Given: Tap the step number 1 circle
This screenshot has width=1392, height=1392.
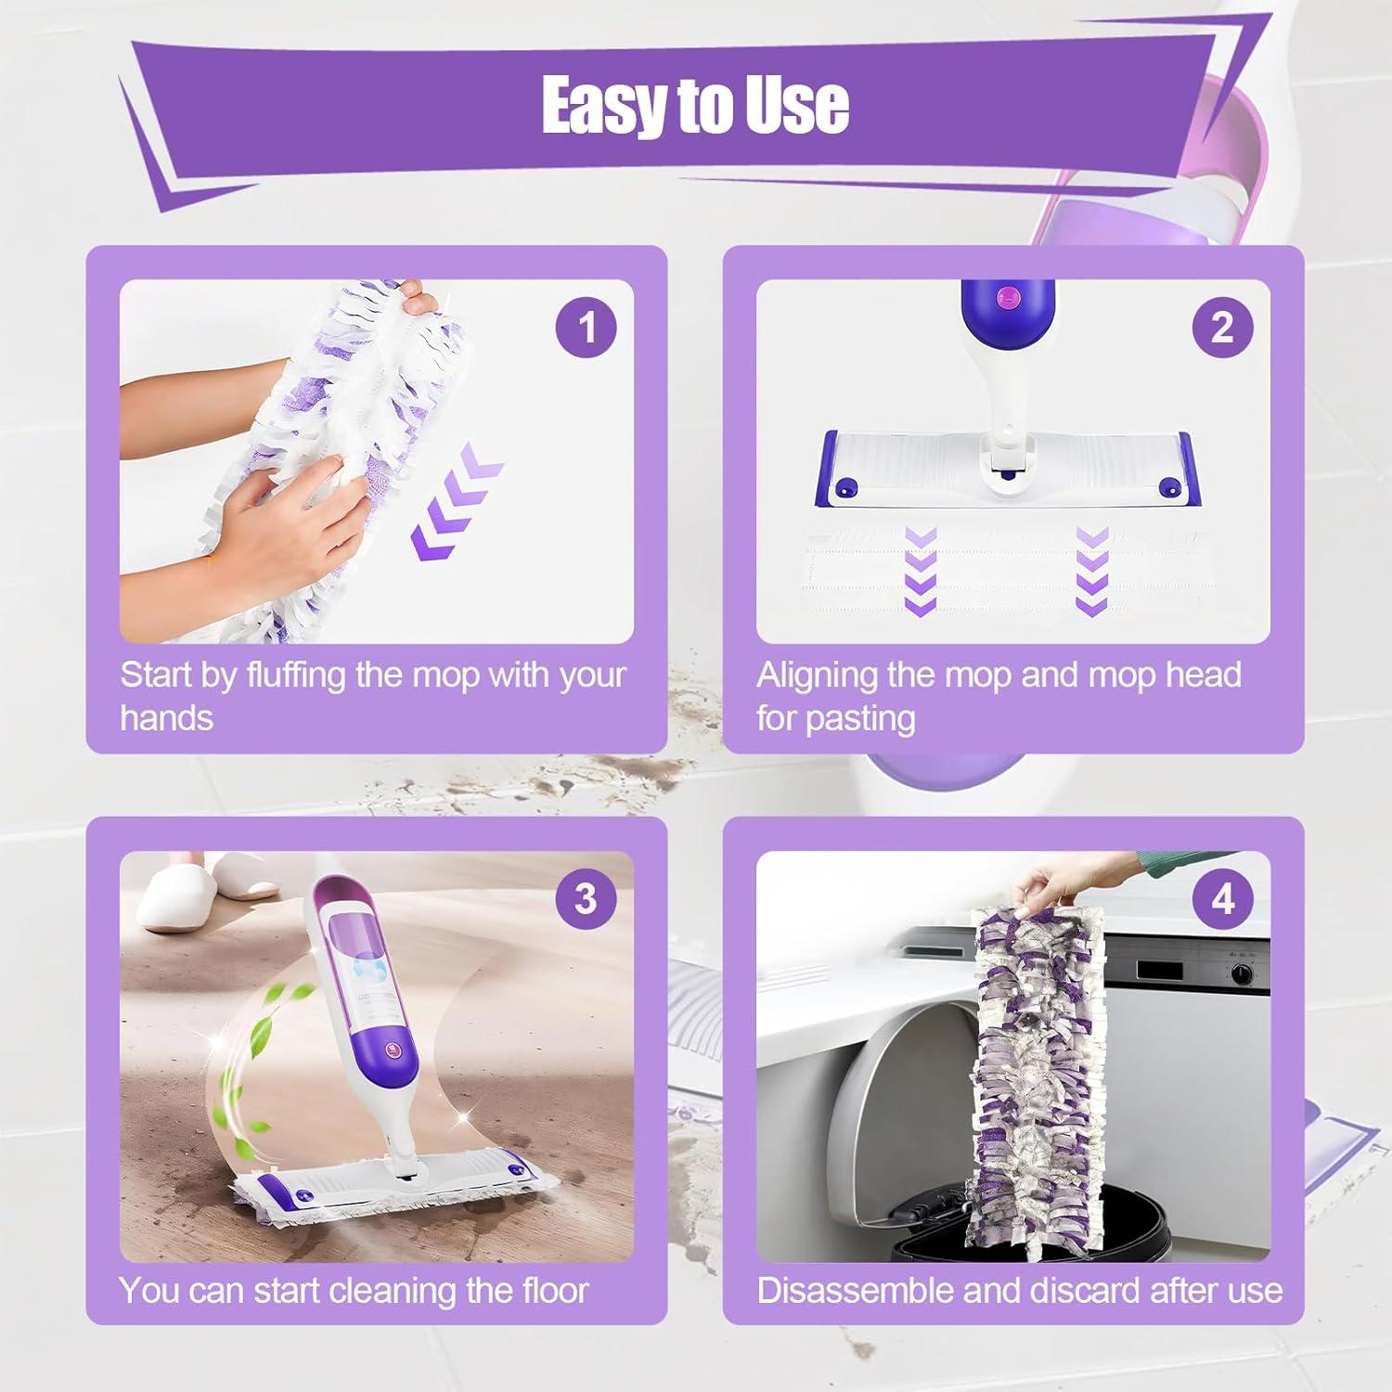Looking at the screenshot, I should coord(586,328).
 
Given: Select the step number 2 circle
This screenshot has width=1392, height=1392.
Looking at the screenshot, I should coord(1222,328).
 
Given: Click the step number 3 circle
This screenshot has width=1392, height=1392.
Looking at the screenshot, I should coord(586,898).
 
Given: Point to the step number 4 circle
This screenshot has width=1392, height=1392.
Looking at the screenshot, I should coord(1222,898).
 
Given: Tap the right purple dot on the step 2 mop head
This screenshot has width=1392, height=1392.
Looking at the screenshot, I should coord(1167,487).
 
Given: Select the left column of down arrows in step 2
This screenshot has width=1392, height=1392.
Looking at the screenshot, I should coord(920,570).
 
